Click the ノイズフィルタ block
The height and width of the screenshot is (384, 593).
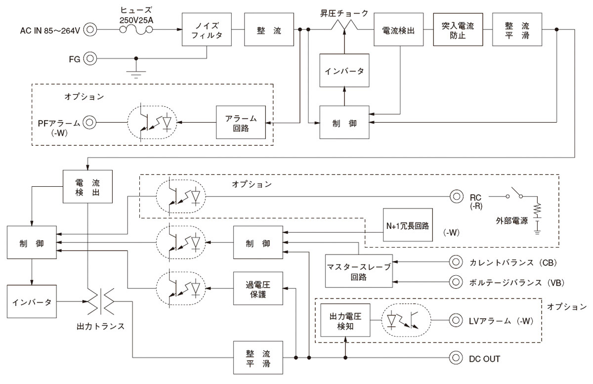(x=207, y=30)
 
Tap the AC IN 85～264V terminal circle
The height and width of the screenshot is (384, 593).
(x=90, y=30)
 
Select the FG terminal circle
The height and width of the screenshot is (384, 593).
(x=90, y=59)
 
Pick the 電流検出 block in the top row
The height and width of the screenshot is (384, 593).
(x=398, y=30)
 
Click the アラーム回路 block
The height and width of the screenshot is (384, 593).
(x=240, y=122)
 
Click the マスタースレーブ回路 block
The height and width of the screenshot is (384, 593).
(x=358, y=271)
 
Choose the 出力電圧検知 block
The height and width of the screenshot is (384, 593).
(x=345, y=320)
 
